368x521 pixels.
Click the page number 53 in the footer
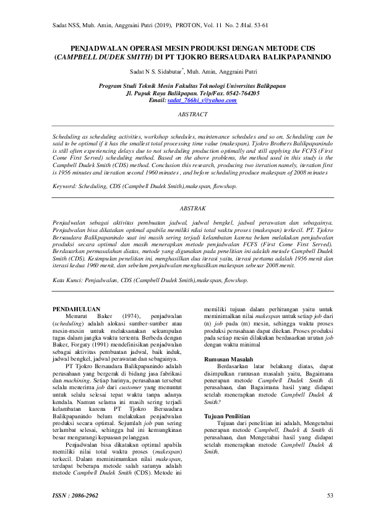[330, 495]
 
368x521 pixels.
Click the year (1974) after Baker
[131, 315]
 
